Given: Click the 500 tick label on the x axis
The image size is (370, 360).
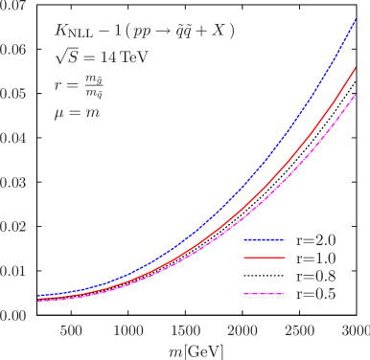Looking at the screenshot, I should pyautogui.click(x=71, y=330).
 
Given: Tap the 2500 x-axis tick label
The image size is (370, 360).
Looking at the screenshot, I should pyautogui.click(x=300, y=330).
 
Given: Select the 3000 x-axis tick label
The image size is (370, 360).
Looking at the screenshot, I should pyautogui.click(x=355, y=330).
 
